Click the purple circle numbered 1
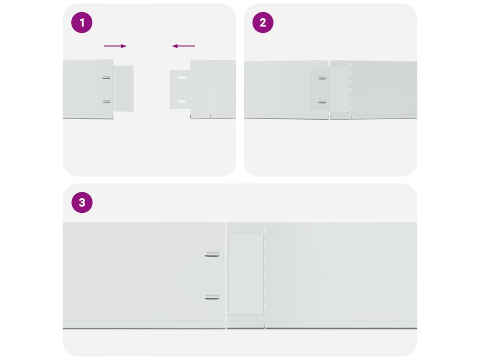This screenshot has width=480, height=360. click(82, 22)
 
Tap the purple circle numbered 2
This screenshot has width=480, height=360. click(262, 22)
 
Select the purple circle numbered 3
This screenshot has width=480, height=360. click(82, 202)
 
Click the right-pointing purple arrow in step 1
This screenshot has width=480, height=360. click(115, 46)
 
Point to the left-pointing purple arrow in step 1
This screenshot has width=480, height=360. click(183, 46)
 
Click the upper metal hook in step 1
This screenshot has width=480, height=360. click(106, 77)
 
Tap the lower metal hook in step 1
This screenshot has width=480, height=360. click(106, 101)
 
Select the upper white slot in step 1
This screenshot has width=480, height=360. click(182, 77)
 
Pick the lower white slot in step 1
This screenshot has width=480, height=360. click(182, 101)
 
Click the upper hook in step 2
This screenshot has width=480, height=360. click(322, 78)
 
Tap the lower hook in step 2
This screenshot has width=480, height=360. click(322, 102)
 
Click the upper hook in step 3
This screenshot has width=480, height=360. click(212, 254)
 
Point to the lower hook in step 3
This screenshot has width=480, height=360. click(212, 297)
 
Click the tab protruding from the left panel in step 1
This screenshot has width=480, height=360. click(124, 89)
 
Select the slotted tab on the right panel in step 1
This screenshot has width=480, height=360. click(180, 90)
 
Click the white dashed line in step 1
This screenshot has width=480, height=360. click(210, 90)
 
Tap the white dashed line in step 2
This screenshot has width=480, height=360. click(351, 90)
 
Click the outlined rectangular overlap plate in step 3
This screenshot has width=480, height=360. click(245, 274)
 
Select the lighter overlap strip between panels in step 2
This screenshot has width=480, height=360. click(340, 90)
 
